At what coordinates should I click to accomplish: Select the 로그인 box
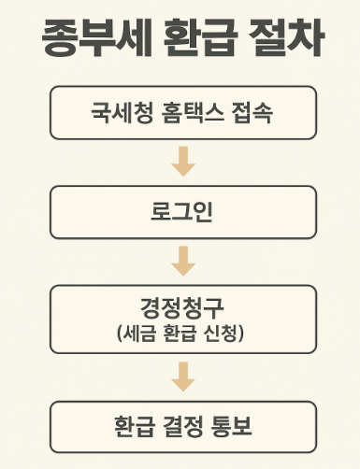pos(182,211)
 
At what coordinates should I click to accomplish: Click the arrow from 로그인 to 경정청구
pos(183,262)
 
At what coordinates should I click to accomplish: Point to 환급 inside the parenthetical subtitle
pos(182,331)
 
